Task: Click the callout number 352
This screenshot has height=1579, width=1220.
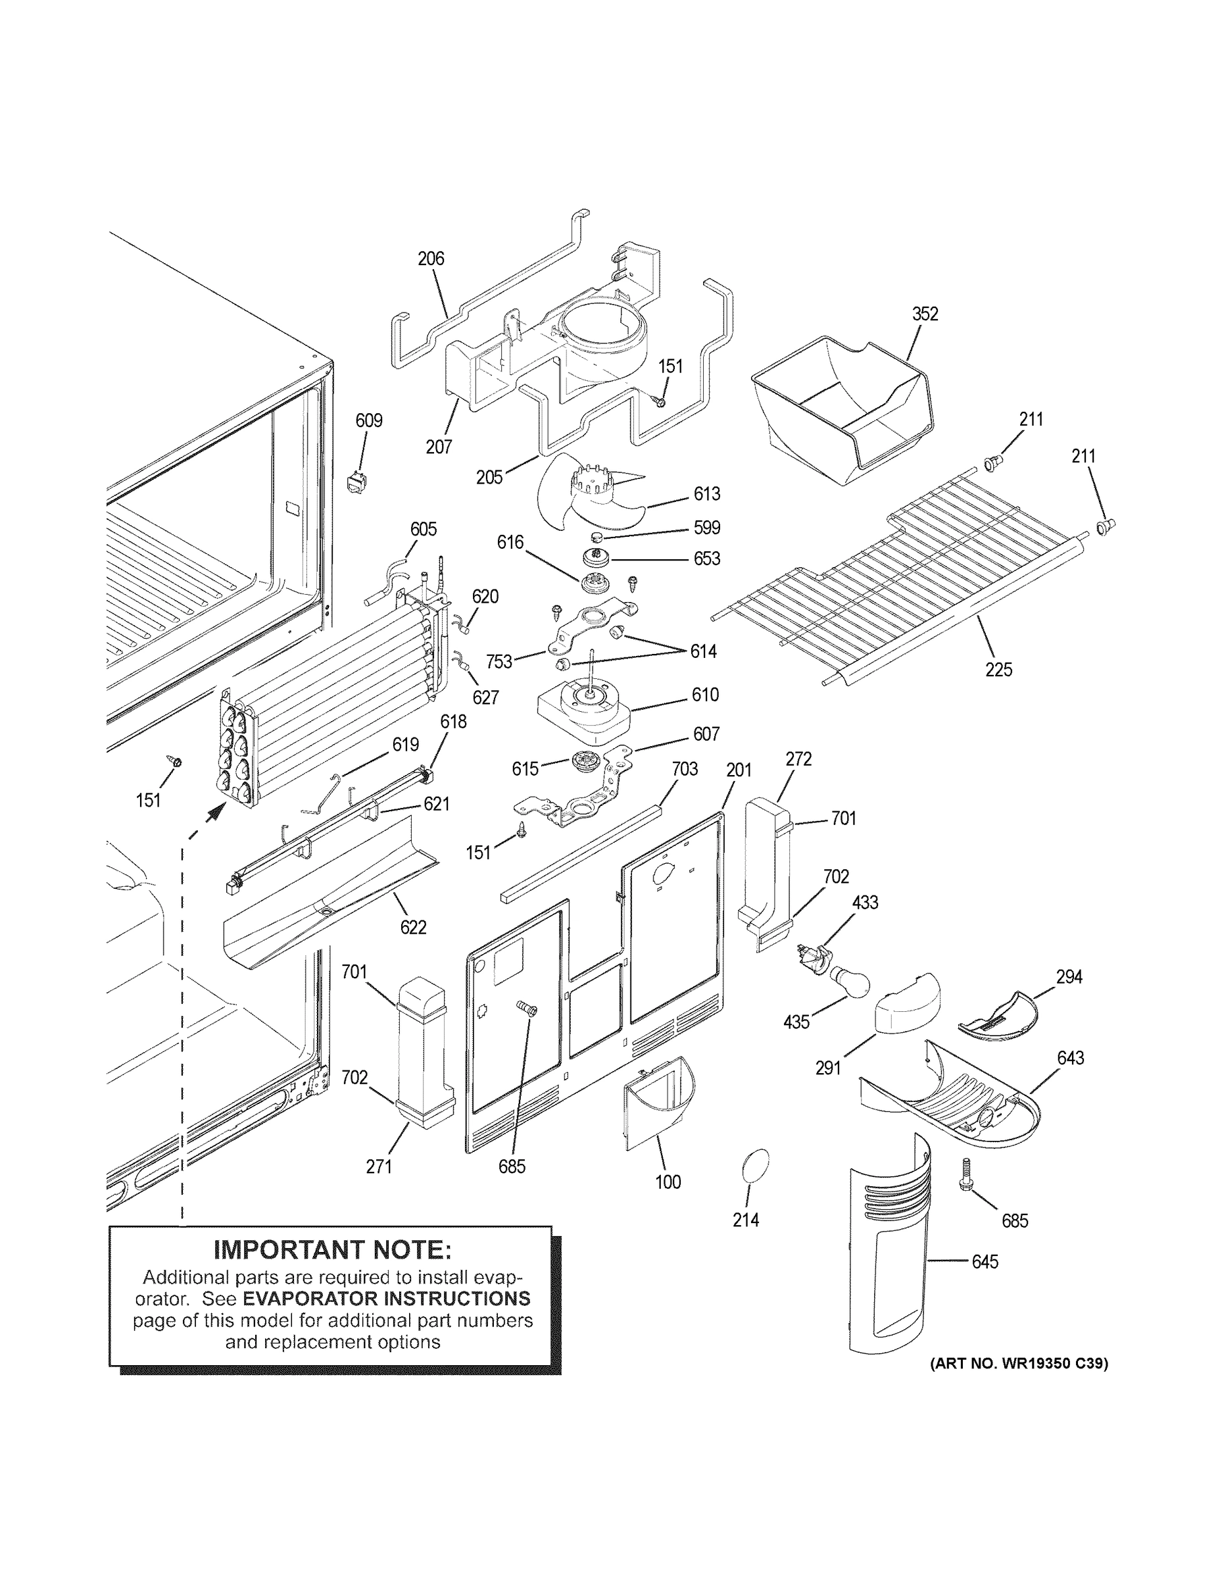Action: pos(925,314)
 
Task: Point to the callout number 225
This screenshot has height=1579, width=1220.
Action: pos(999,670)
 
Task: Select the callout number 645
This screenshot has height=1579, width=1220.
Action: pos(985,1262)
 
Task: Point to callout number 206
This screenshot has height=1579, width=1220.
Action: pos(431,258)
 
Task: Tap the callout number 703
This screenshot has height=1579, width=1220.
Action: pos(685,768)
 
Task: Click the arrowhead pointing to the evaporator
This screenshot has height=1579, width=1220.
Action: pos(213,813)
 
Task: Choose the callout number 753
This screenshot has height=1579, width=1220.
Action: pos(499,661)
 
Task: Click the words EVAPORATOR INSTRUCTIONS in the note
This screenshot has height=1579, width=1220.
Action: pos(386,1299)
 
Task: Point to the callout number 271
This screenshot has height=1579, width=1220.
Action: pos(379,1166)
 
